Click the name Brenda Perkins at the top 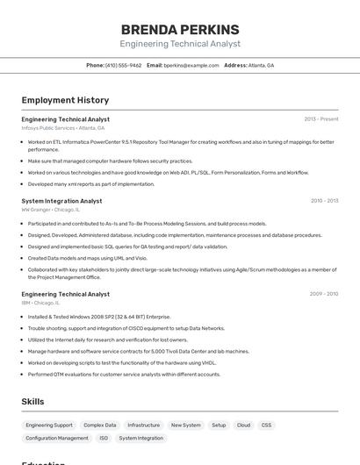(180, 29)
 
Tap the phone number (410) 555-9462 (123, 65)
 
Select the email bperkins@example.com (191, 65)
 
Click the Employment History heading (65, 100)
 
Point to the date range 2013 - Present (320, 118)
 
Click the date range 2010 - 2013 (324, 201)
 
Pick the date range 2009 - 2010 (324, 294)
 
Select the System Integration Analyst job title (61, 201)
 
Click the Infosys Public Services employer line (62, 128)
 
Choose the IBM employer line (40, 303)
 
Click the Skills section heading (32, 402)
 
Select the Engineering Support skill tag (49, 425)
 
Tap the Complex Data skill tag (99, 425)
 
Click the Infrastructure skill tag (143, 425)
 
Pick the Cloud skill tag (243, 425)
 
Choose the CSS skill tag (266, 425)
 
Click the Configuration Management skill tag (57, 438)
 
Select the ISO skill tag (104, 438)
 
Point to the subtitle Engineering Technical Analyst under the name (180, 44)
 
